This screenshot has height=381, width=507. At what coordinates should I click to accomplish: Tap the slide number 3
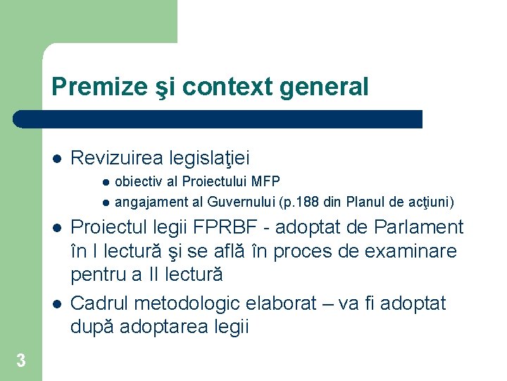(20, 361)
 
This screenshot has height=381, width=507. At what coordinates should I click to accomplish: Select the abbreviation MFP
(266, 181)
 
